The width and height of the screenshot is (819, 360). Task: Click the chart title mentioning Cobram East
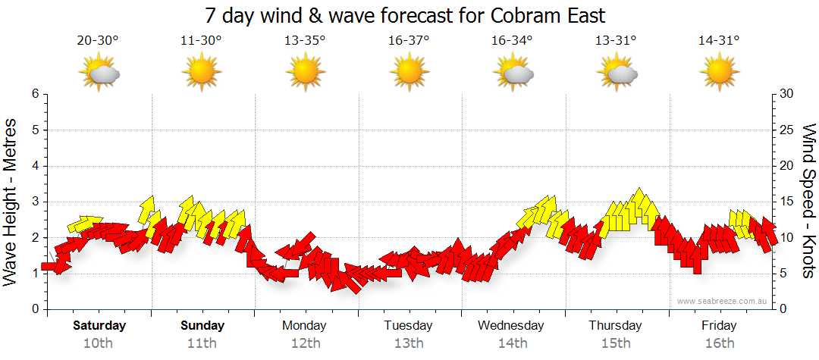[406, 15]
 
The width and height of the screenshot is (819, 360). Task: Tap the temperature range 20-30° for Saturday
[98, 41]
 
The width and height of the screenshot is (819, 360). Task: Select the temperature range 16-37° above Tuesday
[409, 41]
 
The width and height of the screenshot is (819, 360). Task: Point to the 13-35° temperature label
[305, 41]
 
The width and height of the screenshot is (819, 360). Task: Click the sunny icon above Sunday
[201, 73]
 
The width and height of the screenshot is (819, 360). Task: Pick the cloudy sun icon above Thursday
[616, 73]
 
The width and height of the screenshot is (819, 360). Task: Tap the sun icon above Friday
[719, 73]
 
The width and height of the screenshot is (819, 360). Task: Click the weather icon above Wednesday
[513, 73]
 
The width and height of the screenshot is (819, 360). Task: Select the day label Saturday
[99, 326]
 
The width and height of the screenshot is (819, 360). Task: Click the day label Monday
[304, 326]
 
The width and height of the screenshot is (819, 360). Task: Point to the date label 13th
[409, 343]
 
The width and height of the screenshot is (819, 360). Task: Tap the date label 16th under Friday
[719, 343]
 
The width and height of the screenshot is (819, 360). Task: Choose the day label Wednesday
[511, 326]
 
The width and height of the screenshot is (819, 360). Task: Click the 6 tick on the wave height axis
[35, 94]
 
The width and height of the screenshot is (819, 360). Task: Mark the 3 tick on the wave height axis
[35, 202]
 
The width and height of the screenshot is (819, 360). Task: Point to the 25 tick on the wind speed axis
[787, 130]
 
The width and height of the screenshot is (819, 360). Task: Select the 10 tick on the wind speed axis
[787, 237]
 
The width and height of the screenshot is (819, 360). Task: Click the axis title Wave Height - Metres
[12, 202]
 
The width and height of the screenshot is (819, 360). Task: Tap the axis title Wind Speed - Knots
[808, 202]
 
